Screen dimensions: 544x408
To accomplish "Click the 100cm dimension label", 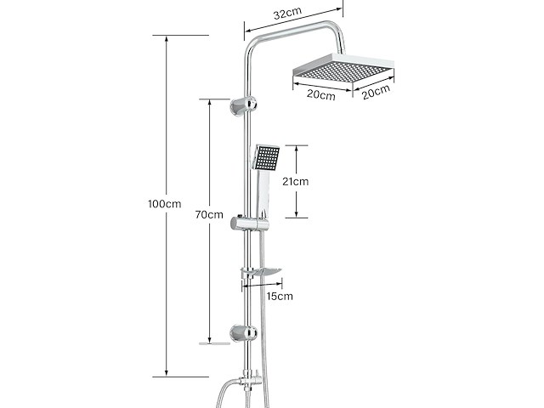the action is [164, 204].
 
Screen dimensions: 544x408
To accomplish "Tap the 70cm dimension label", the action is [209, 215].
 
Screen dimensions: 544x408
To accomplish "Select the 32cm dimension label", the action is [287, 14].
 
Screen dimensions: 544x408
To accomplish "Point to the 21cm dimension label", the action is [295, 181].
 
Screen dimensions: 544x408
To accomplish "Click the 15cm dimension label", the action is [280, 297].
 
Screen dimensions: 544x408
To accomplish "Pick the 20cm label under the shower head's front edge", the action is [321, 94].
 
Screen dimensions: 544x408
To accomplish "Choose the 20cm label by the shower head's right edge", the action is [376, 92].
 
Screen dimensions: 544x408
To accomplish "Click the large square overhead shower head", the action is [343, 71].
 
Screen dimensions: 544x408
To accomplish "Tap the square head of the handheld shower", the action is [266, 157].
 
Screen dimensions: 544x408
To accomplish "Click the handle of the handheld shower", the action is [263, 193].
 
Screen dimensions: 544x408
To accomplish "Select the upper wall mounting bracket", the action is [244, 105].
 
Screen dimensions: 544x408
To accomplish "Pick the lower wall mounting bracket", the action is [244, 333].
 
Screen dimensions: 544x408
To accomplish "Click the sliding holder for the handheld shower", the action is [250, 223].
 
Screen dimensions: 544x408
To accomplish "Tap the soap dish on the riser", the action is [261, 272].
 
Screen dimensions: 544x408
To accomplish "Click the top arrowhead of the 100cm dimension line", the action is [167, 38].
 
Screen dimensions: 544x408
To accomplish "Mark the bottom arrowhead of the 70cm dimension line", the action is [209, 340].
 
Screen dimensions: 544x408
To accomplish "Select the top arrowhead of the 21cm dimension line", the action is [297, 149].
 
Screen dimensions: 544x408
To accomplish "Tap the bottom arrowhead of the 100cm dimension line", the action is [167, 373].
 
